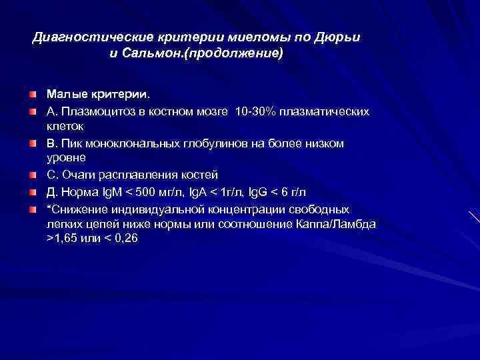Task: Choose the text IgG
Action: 260,191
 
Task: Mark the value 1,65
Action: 67,239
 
